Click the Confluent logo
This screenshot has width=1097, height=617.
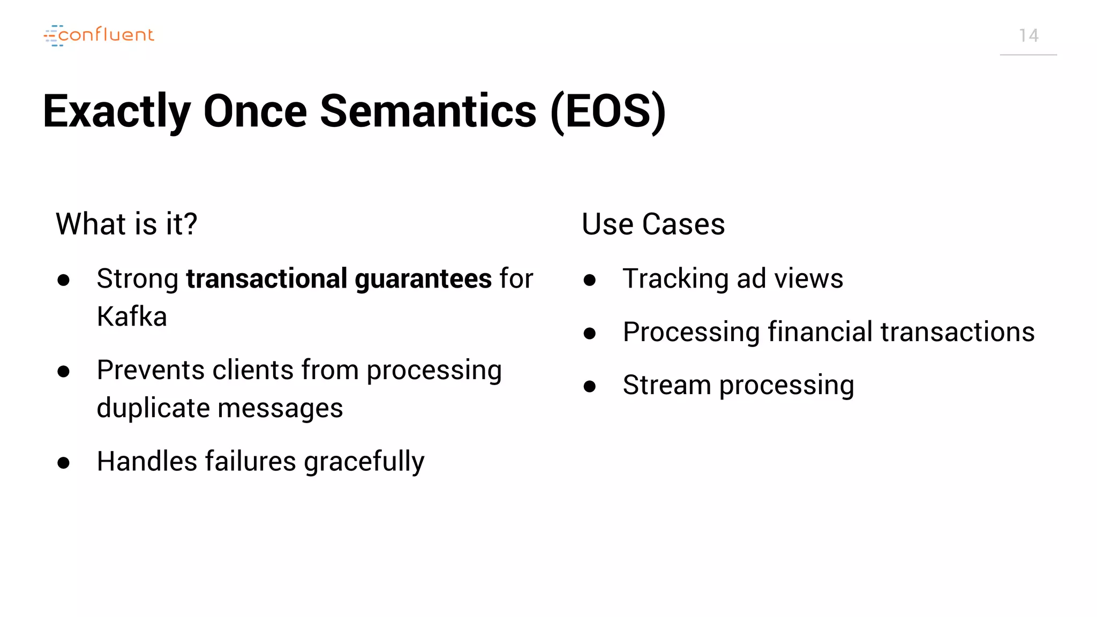(x=99, y=35)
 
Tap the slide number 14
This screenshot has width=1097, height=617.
(x=1028, y=36)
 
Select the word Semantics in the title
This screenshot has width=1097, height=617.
(x=428, y=111)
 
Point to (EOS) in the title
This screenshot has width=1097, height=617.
(x=608, y=111)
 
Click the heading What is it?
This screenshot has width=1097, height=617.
(x=126, y=224)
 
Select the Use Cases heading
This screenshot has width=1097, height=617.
(x=653, y=224)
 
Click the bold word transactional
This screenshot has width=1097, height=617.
(x=267, y=279)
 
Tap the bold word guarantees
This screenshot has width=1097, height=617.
(x=423, y=279)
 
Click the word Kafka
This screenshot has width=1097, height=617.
(x=132, y=317)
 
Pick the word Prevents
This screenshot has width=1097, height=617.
(x=151, y=370)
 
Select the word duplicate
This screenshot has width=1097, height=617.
(x=154, y=408)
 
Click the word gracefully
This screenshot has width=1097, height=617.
(x=364, y=462)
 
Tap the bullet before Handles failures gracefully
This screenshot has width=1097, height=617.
(x=64, y=462)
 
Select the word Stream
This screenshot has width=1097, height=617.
(x=666, y=385)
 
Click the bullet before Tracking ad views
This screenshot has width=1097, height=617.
(x=590, y=280)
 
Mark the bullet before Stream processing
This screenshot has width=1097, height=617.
(x=590, y=386)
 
